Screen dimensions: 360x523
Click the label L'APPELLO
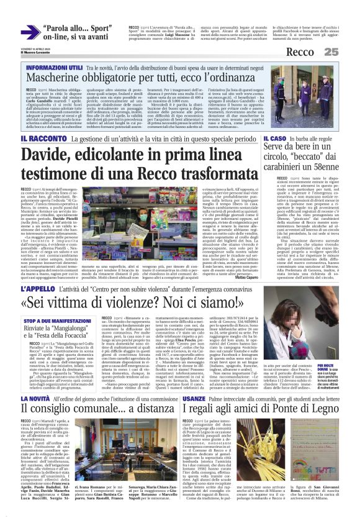[x=43, y=289]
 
